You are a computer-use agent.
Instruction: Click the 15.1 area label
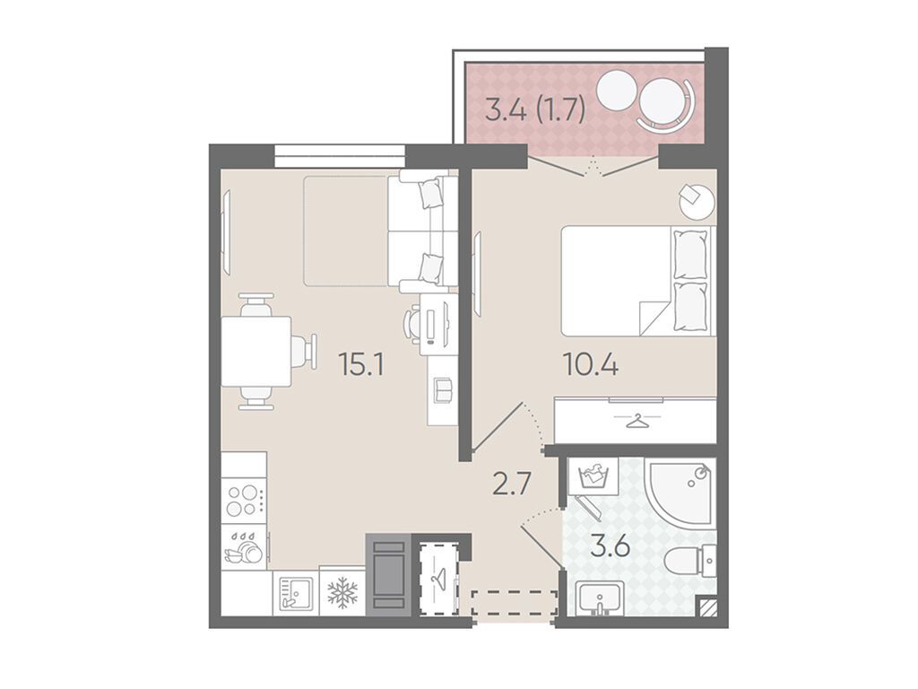361,366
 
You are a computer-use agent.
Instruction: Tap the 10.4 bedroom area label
590,366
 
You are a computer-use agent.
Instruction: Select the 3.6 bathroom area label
610,548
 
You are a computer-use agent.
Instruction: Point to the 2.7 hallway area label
512,485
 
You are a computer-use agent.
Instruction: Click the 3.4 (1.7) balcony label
535,110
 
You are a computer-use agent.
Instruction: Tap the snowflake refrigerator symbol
342,591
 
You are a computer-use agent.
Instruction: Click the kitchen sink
294,592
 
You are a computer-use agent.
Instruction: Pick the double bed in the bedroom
638,281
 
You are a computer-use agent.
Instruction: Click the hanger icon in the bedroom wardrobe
636,420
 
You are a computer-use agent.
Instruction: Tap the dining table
256,351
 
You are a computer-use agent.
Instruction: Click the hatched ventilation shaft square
707,607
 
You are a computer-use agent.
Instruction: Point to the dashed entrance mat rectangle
515,602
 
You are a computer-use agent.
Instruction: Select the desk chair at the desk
412,325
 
